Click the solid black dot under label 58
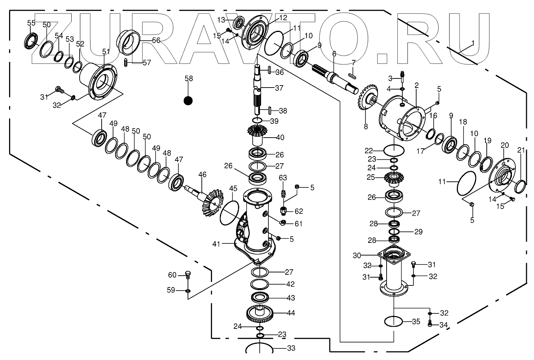188,101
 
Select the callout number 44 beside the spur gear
291,313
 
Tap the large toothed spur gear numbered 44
260,314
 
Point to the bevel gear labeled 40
259,134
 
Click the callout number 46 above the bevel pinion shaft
202,174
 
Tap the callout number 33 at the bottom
291,348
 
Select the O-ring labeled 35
393,321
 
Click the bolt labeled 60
188,275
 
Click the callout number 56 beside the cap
156,40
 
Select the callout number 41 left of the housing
216,244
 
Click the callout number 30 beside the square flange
357,255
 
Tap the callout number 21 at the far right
521,150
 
